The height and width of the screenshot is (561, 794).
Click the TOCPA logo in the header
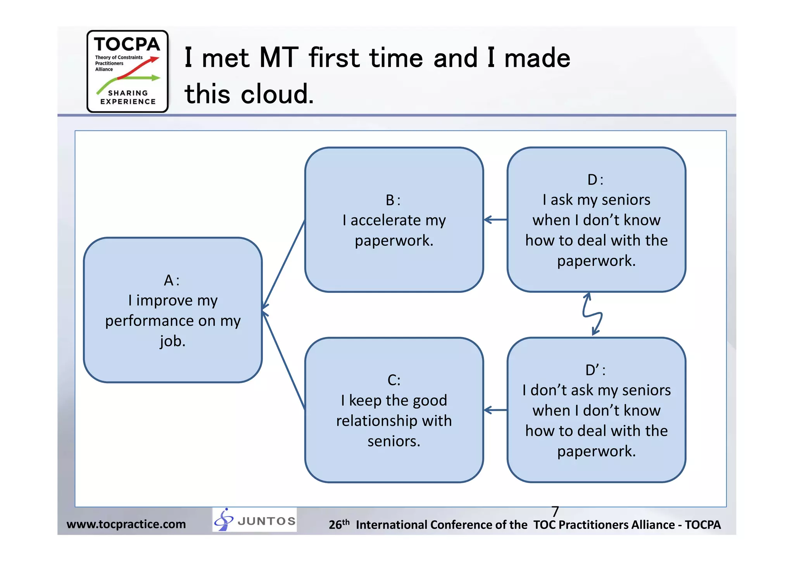coord(127,71)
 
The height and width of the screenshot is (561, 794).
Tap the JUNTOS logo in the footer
coord(255,520)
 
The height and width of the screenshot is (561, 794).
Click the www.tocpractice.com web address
coord(126,524)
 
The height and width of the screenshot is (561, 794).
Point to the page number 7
coord(555,511)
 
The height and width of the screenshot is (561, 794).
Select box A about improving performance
coord(173,310)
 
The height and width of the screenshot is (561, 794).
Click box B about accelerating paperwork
coord(394,219)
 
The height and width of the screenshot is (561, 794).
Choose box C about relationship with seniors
coord(394,410)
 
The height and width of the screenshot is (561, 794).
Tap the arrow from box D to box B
coord(495,220)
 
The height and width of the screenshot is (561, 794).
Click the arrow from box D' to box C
coord(495,410)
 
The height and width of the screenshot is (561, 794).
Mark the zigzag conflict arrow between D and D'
coord(592,314)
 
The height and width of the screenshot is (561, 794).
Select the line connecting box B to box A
coord(284,263)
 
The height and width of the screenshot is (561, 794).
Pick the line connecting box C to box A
coord(284,360)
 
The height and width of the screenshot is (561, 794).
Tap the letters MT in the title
coord(279,58)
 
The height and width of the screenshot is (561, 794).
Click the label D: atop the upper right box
coord(595,180)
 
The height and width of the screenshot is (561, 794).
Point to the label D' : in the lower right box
coord(595,370)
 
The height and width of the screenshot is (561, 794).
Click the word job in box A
coord(173,341)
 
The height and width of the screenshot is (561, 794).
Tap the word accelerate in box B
coord(385,220)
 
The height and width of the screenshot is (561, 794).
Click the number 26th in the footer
coord(339,524)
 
